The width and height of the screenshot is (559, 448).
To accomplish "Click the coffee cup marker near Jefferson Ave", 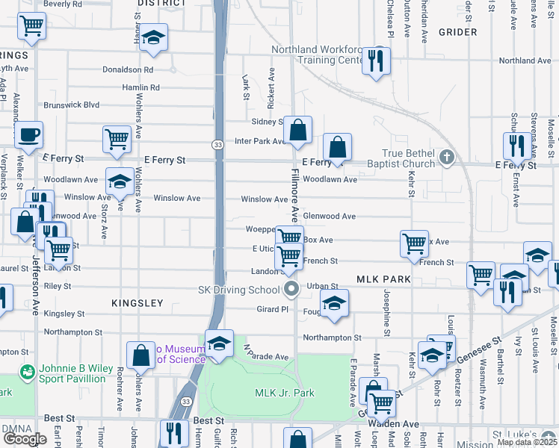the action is coord(28,135).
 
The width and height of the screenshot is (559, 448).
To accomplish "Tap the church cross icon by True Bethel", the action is coord(446,157).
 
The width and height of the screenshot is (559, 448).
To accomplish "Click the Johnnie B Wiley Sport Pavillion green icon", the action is coord(28,370).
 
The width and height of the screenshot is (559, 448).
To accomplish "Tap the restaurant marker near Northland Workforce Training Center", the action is coord(377,60).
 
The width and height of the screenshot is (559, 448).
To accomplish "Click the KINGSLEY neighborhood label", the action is coord(137,303).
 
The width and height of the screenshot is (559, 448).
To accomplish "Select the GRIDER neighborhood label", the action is coord(458,32).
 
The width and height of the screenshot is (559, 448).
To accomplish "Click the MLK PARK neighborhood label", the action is coord(384,279).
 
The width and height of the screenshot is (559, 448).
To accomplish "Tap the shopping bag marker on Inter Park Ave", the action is coord(297,131).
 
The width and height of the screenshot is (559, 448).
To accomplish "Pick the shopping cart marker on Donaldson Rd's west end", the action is coord(31,26).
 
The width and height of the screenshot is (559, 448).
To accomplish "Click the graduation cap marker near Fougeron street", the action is coord(334,303).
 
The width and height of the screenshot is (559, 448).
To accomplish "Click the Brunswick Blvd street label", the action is coord(72,105).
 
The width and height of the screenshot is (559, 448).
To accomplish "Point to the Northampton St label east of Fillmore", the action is coord(332,338).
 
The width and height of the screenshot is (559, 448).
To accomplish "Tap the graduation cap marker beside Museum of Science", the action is coord(219,343).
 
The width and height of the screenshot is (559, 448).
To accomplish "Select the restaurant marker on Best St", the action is coord(174,432).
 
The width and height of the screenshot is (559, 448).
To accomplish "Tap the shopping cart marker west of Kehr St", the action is coord(414,243).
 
